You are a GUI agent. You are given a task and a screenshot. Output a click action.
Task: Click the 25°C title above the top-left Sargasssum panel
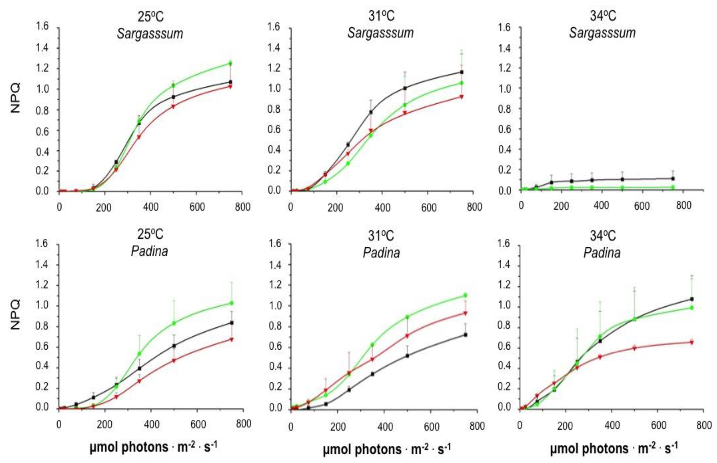pos(151,17)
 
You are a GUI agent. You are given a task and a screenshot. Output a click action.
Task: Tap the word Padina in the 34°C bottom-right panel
pos(602,253)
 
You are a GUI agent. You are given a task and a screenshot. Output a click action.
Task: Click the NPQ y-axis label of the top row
pos(16,98)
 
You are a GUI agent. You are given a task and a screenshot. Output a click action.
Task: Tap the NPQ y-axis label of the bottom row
pos(16,314)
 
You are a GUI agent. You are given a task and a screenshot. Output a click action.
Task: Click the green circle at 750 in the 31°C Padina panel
pos(465,295)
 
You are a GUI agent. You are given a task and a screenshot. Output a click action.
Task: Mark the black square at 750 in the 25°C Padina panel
pos(232,323)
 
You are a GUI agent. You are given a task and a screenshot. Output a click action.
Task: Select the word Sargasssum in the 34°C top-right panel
pos(602,33)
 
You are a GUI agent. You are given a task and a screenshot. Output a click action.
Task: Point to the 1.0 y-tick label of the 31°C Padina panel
pos(274,305)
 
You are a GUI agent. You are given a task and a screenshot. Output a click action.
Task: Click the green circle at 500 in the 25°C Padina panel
pos(174,323)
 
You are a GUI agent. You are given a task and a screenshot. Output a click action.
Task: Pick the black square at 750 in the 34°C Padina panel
pos(692,299)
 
